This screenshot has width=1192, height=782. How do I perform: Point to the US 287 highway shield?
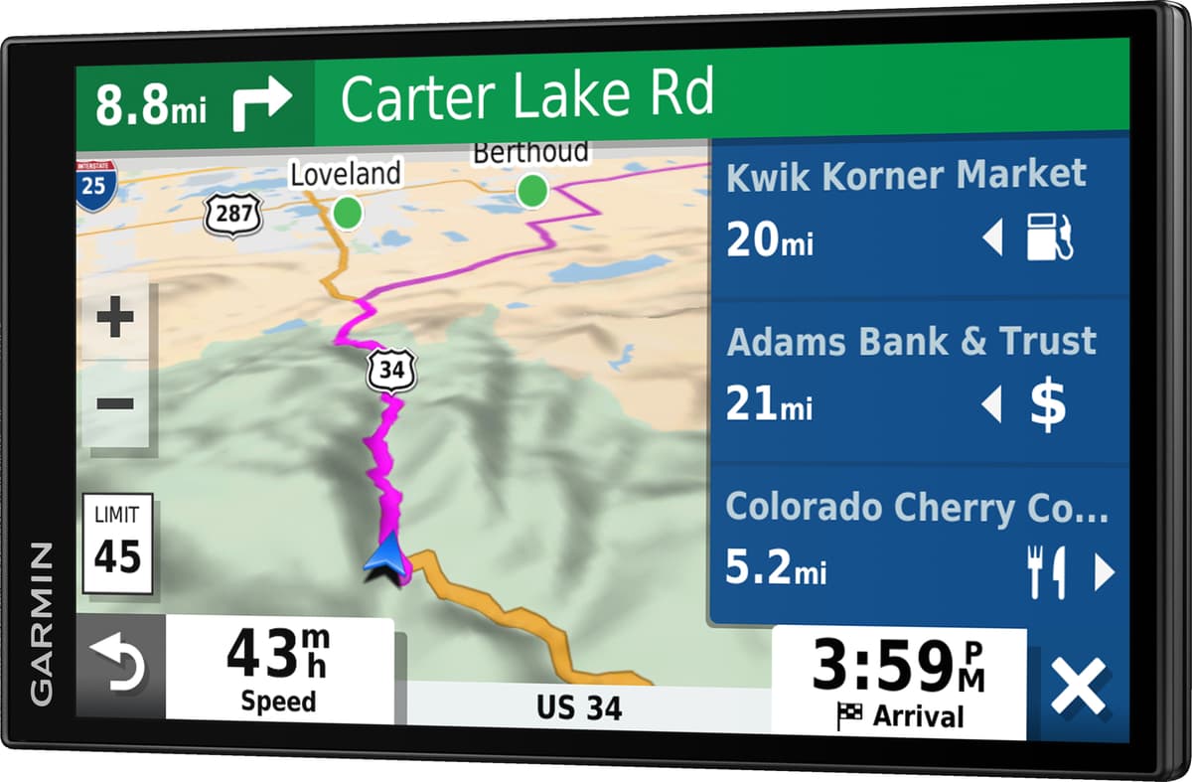233,212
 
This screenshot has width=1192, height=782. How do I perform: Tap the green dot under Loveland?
348,211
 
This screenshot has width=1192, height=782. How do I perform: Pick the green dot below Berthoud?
532,188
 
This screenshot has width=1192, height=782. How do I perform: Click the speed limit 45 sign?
117,544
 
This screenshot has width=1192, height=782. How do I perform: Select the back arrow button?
118,664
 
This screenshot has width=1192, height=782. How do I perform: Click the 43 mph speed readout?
278,666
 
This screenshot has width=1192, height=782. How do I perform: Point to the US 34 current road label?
579,707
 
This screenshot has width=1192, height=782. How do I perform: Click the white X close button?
1079,688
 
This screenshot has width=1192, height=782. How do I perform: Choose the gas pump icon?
1049,238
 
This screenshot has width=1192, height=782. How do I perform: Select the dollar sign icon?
1047,404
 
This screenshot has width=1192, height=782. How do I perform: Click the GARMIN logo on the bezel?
42,623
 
